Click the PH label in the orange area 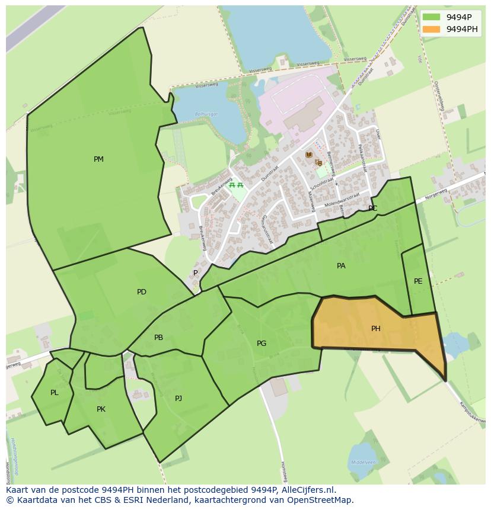click(x=375, y=329)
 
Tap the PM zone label click(x=98, y=159)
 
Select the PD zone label click(x=141, y=292)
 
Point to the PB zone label click(x=158, y=338)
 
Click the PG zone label click(x=262, y=344)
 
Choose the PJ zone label click(x=178, y=399)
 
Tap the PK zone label click(x=101, y=409)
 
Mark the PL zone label click(x=54, y=393)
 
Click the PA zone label click(x=341, y=266)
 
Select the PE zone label click(x=418, y=281)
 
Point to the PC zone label click(x=372, y=209)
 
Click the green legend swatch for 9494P click(x=432, y=17)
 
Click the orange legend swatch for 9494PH click(x=432, y=29)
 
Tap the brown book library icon click(x=308, y=155)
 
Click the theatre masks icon click(x=319, y=162)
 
